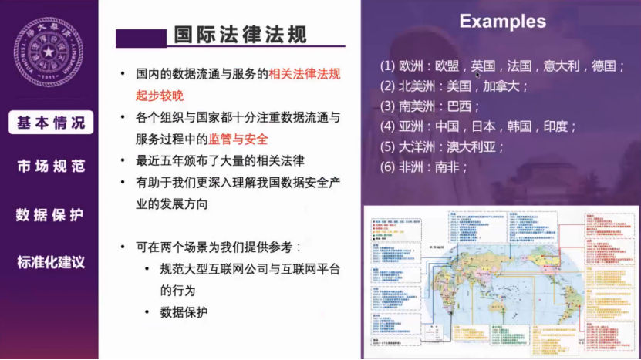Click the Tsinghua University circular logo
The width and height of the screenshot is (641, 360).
[49, 52]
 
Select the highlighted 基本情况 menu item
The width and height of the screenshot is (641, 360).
[51, 123]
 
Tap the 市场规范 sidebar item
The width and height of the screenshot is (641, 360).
[51, 166]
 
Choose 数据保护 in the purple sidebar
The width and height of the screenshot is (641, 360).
[51, 214]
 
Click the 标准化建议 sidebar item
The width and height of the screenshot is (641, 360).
[51, 262]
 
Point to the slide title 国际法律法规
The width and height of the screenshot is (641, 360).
[241, 35]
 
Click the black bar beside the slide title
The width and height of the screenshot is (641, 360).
[141, 37]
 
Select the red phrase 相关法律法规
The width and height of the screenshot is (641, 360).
[305, 75]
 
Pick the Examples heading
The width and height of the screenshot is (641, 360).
[502, 21]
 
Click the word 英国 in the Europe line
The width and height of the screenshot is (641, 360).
[483, 66]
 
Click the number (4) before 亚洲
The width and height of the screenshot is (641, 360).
[387, 126]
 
